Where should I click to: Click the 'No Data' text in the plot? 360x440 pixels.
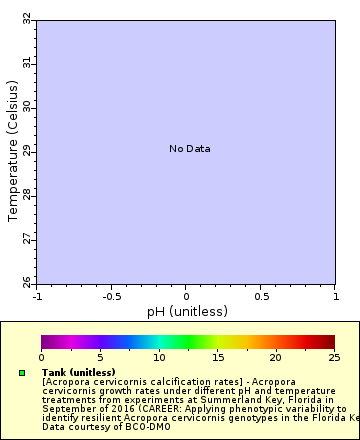pyautogui.click(x=190, y=149)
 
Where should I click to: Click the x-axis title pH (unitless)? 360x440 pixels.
pyautogui.click(x=187, y=311)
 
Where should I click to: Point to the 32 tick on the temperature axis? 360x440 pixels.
pyautogui.click(x=26, y=18)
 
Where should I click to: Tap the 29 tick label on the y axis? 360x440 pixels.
pyautogui.click(x=26, y=150)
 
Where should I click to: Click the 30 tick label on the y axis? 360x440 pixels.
pyautogui.click(x=26, y=106)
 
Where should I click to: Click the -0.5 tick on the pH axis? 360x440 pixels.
pyautogui.click(x=111, y=297)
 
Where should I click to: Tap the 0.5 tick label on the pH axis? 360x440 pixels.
pyautogui.click(x=260, y=297)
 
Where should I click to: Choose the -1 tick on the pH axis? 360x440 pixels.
pyautogui.click(x=37, y=297)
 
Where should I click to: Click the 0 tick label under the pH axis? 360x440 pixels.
pyautogui.click(x=186, y=297)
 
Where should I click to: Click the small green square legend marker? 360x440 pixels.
pyautogui.click(x=22, y=373)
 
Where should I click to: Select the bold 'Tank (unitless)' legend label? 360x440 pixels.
pyautogui.click(x=79, y=372)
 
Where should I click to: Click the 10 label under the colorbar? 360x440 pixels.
pyautogui.click(x=158, y=357)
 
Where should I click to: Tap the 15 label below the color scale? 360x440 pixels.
pyautogui.click(x=217, y=357)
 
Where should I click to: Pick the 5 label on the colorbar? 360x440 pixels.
pyautogui.click(x=100, y=357)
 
